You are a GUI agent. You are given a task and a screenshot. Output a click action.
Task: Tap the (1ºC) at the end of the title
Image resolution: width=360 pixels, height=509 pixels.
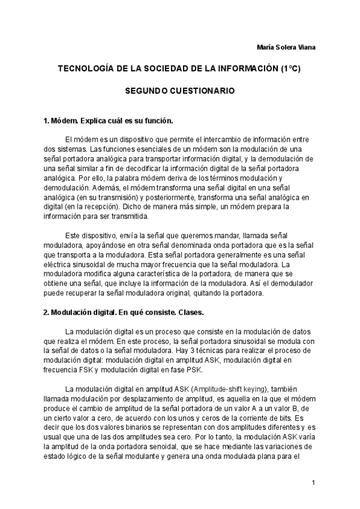pos(290,69)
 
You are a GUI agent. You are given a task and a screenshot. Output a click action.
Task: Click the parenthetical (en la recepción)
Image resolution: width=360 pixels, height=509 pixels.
pos(86,206)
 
